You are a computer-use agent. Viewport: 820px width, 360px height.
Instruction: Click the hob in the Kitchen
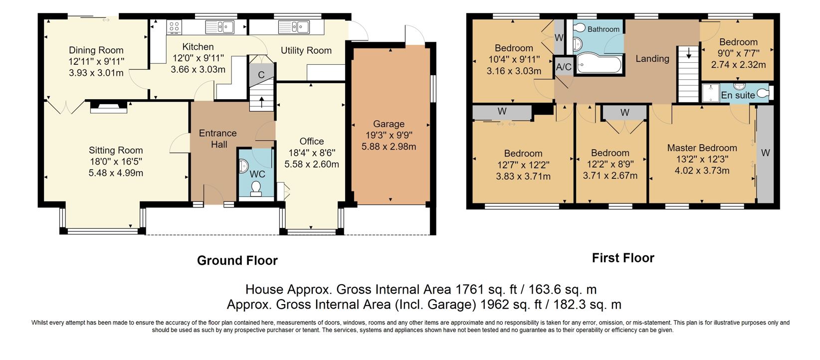click(x=174, y=27)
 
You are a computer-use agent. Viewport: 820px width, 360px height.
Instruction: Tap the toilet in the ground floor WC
click(x=256, y=188)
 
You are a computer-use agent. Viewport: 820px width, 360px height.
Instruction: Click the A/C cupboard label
click(x=564, y=67)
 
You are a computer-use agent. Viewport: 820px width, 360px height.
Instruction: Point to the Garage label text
click(x=389, y=124)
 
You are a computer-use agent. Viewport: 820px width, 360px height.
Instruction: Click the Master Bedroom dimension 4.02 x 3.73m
click(x=702, y=171)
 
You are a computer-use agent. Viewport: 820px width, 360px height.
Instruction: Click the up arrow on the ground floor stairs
click(x=262, y=102)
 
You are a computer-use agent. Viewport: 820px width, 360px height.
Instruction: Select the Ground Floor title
click(x=237, y=260)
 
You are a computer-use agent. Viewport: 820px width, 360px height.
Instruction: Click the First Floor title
click(x=623, y=258)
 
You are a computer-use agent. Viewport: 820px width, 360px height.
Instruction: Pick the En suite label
click(x=738, y=95)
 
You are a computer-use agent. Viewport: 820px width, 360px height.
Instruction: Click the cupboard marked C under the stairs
click(x=261, y=75)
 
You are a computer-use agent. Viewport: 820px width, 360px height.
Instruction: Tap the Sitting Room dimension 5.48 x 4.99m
click(x=116, y=173)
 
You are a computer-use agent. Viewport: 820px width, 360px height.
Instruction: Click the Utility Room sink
click(x=294, y=27)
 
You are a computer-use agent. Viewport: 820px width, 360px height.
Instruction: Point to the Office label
click(x=312, y=141)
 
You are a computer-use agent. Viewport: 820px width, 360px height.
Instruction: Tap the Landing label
click(x=652, y=58)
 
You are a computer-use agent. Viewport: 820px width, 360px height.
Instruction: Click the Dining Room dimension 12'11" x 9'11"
click(x=96, y=61)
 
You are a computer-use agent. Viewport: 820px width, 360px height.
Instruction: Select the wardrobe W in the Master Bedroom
click(x=765, y=154)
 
